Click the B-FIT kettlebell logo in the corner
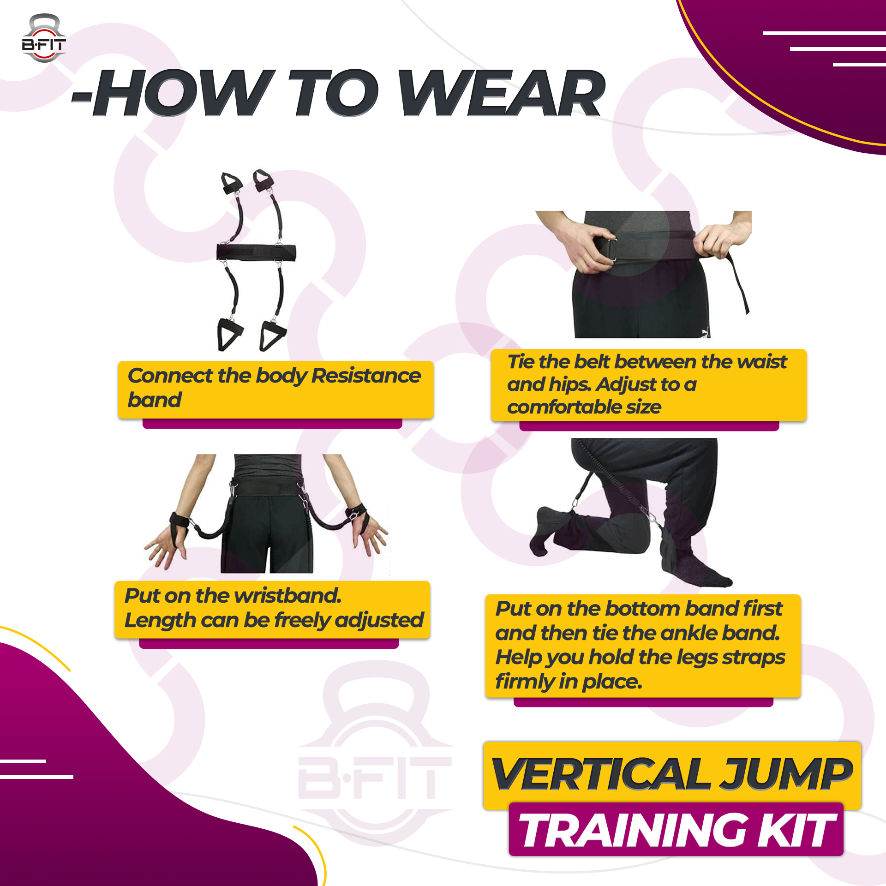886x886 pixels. (44, 38)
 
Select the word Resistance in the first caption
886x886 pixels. (366, 376)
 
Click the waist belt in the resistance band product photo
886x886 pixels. (256, 252)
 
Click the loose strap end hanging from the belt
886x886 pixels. (739, 287)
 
